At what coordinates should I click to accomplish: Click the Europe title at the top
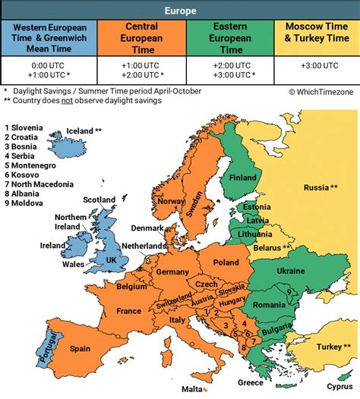(180, 11)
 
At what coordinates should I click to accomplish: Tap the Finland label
(243, 178)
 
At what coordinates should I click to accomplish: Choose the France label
(128, 311)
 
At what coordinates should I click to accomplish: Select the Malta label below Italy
(191, 389)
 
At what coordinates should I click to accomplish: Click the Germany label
(172, 272)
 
